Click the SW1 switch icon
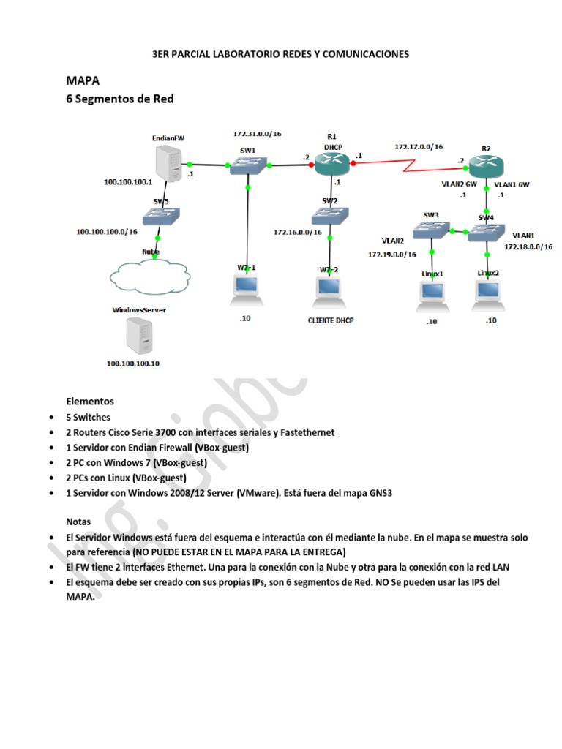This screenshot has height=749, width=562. coord(248,166)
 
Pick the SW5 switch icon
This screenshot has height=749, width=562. coord(159,217)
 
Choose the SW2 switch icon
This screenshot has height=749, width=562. coord(329,215)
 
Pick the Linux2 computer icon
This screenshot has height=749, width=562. coord(488,291)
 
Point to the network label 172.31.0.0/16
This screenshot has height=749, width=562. coord(257,135)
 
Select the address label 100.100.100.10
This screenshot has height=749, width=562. coord(132,364)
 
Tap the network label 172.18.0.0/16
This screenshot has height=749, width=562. coord(528,247)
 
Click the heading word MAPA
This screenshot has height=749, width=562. coord(83,80)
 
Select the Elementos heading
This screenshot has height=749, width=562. coord(90,402)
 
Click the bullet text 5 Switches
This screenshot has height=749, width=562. coord(89,417)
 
